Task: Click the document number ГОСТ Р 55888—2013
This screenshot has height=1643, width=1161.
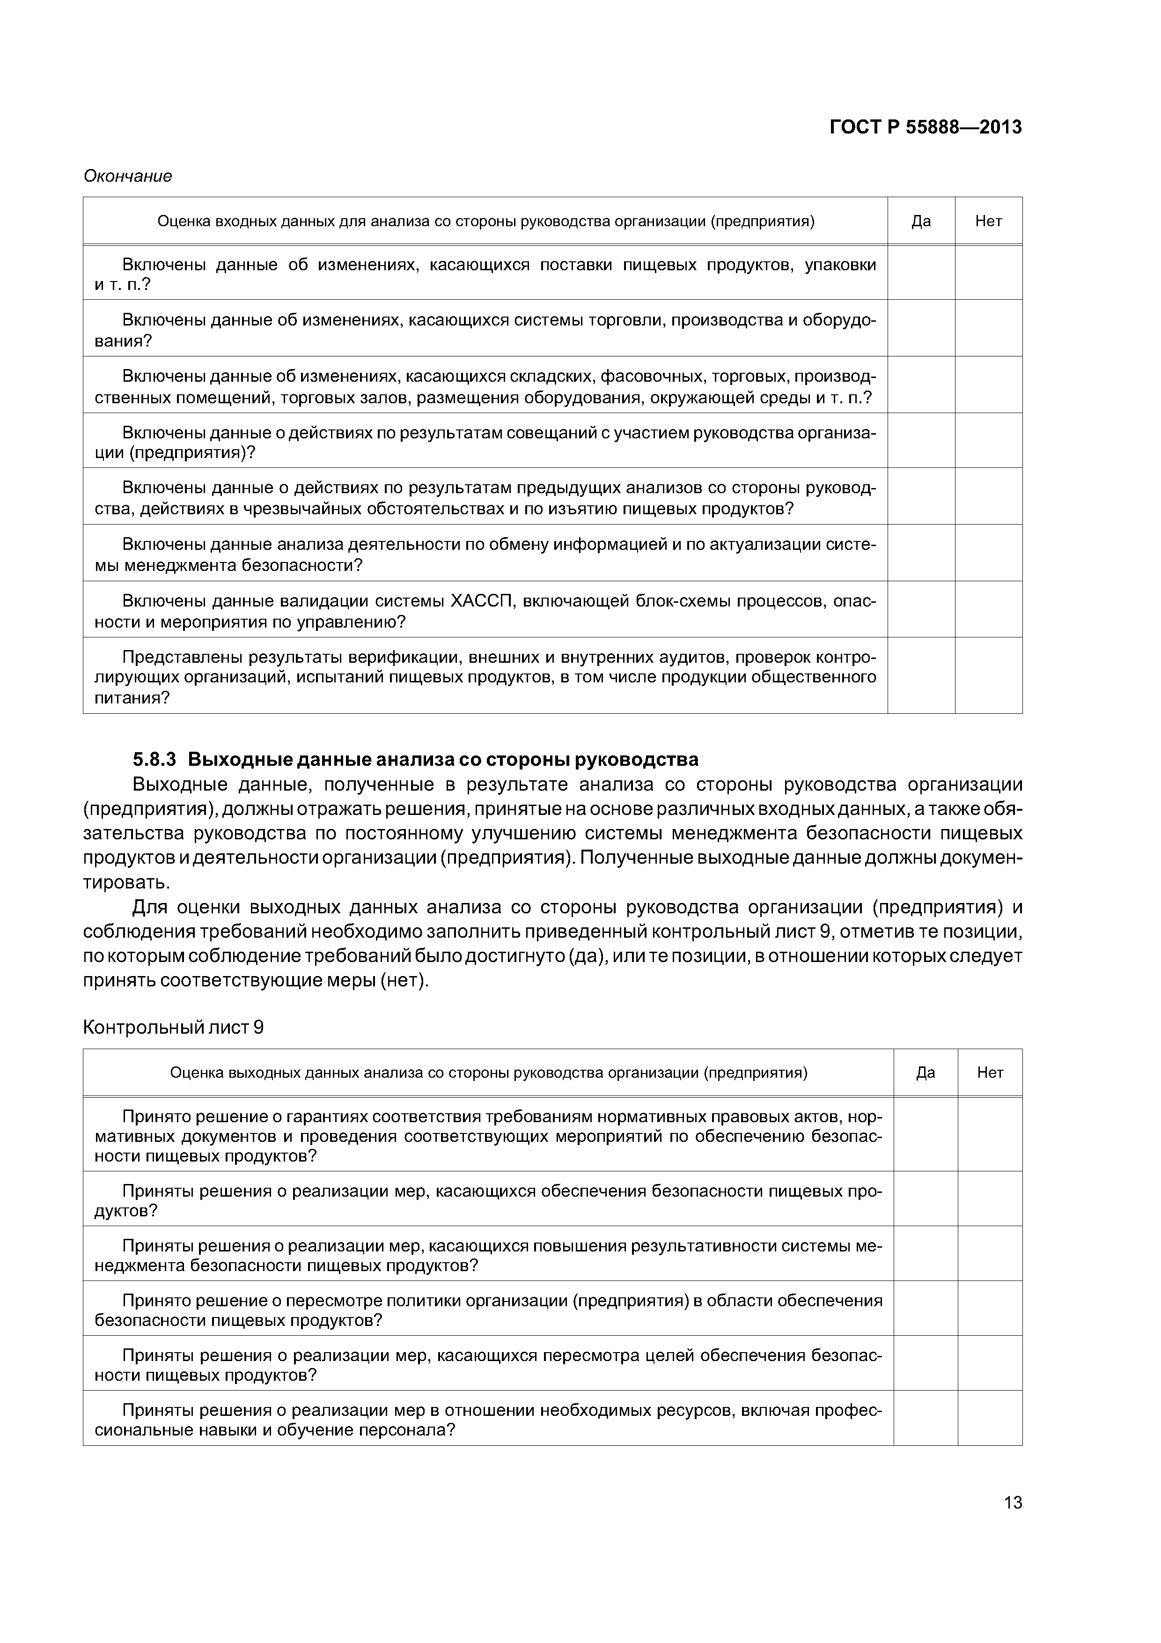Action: coord(925,127)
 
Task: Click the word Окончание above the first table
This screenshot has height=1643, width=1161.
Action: coord(127,176)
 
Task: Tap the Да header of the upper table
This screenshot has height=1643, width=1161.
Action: coord(921,221)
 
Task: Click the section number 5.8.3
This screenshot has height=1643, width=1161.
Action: coord(154,759)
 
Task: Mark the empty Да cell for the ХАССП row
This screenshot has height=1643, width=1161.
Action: coord(921,609)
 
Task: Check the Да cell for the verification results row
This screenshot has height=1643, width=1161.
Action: coord(921,675)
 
